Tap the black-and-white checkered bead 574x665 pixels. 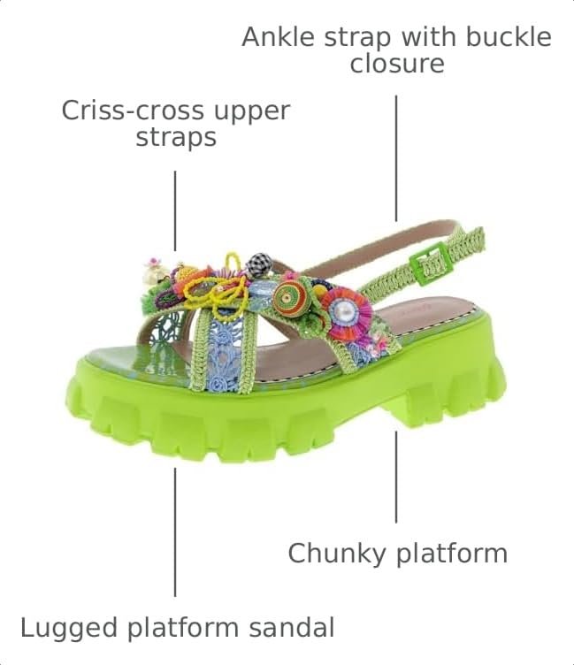tap(258, 264)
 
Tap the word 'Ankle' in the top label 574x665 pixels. tap(278, 36)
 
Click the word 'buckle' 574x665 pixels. tap(509, 36)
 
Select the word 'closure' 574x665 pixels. tap(396, 64)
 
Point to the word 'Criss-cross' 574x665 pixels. tap(133, 111)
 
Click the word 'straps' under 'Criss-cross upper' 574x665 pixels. tap(176, 137)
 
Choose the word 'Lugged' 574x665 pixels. tap(69, 628)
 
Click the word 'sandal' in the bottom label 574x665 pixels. tap(292, 628)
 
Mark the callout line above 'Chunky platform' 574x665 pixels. tap(396, 477)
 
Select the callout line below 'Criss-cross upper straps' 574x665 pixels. tap(175, 210)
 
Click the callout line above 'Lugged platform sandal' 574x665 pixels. tap(175, 532)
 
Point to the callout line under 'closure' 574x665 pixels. tap(396, 158)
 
